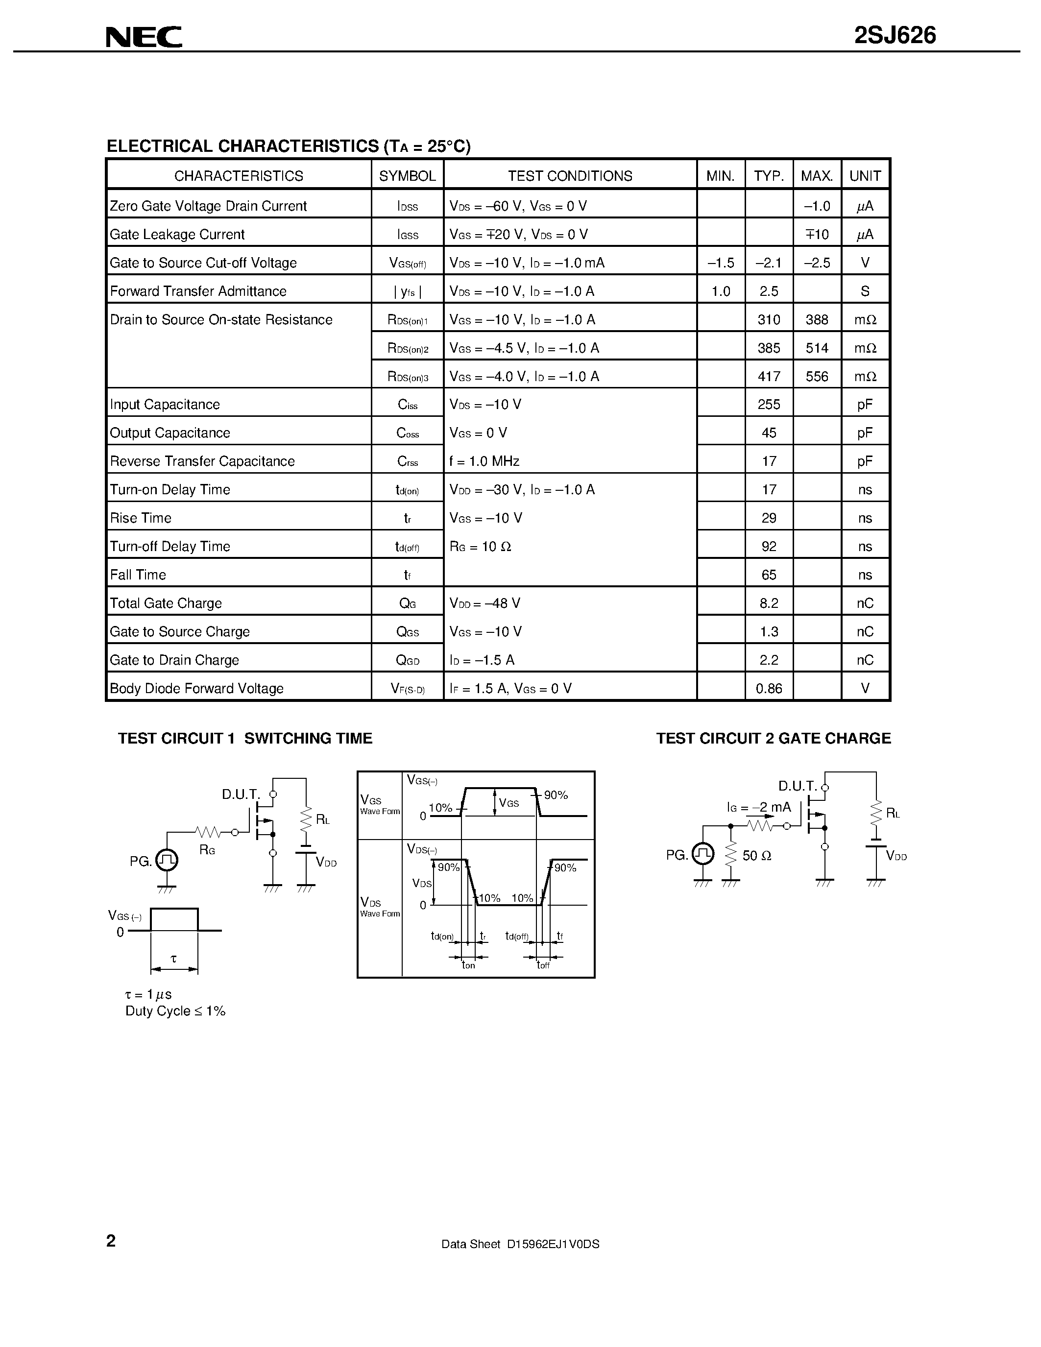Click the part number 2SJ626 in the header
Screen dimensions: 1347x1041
pos(895,36)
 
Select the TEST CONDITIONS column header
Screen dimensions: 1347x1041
pos(570,176)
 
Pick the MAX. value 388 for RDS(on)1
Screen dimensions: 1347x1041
pos(817,319)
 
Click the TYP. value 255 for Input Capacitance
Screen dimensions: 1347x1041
pos(769,405)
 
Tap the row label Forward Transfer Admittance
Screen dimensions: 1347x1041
pos(198,291)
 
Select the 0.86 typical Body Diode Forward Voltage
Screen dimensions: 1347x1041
pos(769,688)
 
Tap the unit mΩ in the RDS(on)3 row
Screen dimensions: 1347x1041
pos(865,376)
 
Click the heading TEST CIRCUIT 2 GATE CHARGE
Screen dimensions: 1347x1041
pos(774,738)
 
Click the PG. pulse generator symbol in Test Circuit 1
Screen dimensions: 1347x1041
pos(167,860)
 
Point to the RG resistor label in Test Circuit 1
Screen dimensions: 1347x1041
pos(207,850)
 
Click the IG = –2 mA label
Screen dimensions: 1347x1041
pos(758,807)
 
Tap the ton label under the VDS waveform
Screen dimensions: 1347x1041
pos(469,965)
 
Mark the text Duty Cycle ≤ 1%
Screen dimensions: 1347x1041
pos(175,1011)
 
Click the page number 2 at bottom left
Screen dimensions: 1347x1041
pos(111,1240)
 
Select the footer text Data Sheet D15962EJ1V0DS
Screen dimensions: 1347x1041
pos(520,1244)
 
